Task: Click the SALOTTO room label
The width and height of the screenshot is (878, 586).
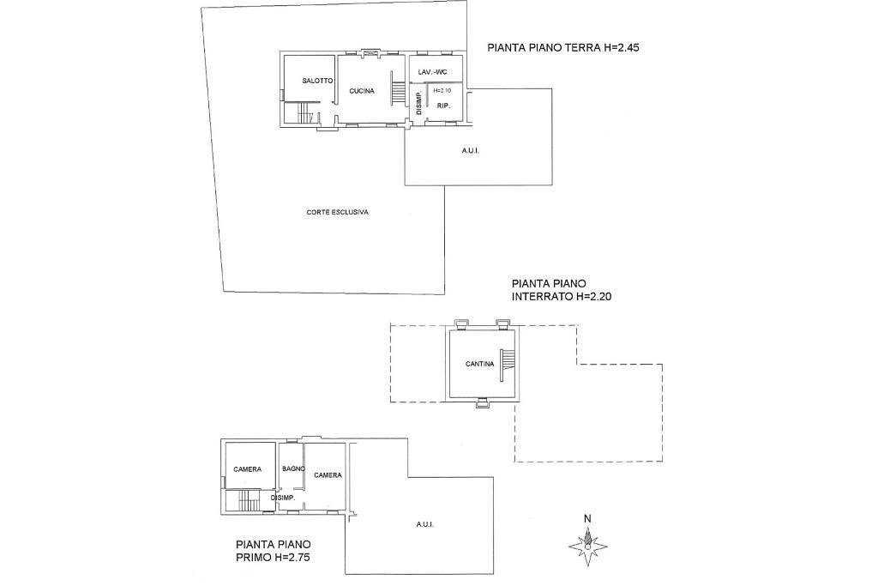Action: pyautogui.click(x=317, y=81)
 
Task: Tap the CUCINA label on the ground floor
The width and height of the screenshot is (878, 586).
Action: pyautogui.click(x=362, y=91)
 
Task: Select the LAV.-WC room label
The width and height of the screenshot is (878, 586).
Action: pyautogui.click(x=433, y=72)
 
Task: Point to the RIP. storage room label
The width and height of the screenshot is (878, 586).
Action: pyautogui.click(x=444, y=106)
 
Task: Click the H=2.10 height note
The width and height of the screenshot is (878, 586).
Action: pyautogui.click(x=442, y=90)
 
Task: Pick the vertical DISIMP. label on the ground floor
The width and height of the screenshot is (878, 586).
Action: pyautogui.click(x=418, y=103)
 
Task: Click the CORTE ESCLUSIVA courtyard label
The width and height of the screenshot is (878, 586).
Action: pyautogui.click(x=338, y=212)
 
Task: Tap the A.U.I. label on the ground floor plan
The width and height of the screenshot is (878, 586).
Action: pyautogui.click(x=471, y=151)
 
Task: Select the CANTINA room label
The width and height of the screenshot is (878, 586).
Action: pyautogui.click(x=480, y=364)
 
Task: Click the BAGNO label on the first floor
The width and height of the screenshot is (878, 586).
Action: pyautogui.click(x=293, y=469)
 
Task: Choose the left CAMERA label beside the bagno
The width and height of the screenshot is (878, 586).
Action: pyautogui.click(x=248, y=469)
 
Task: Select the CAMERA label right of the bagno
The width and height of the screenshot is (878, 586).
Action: pyautogui.click(x=328, y=475)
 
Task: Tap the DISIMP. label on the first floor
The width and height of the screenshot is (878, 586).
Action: pyautogui.click(x=283, y=498)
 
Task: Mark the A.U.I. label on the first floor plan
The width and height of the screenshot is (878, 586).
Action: pyautogui.click(x=425, y=525)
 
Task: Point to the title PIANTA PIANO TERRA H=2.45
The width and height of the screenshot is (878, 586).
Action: pyautogui.click(x=563, y=48)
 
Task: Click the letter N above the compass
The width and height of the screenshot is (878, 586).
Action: pyautogui.click(x=587, y=519)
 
